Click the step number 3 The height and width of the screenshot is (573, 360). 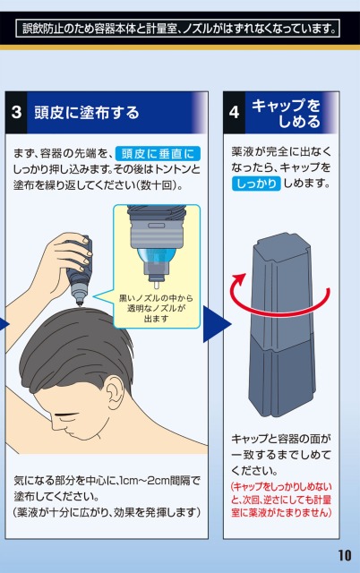[16, 112]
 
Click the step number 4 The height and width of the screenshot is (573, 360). [234, 112]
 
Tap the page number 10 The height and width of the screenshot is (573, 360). [344, 555]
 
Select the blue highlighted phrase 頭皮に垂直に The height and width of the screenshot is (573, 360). [158, 153]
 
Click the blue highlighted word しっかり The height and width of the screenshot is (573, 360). [256, 183]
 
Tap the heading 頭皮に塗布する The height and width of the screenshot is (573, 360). [87, 112]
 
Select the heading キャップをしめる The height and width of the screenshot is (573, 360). [286, 114]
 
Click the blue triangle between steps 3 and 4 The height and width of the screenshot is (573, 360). [217, 324]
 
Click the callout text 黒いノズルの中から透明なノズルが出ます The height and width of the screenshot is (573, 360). [156, 308]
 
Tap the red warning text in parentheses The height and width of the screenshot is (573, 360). [281, 500]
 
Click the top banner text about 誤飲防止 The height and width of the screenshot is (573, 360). [178, 29]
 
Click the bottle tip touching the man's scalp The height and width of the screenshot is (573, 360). [80, 304]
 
